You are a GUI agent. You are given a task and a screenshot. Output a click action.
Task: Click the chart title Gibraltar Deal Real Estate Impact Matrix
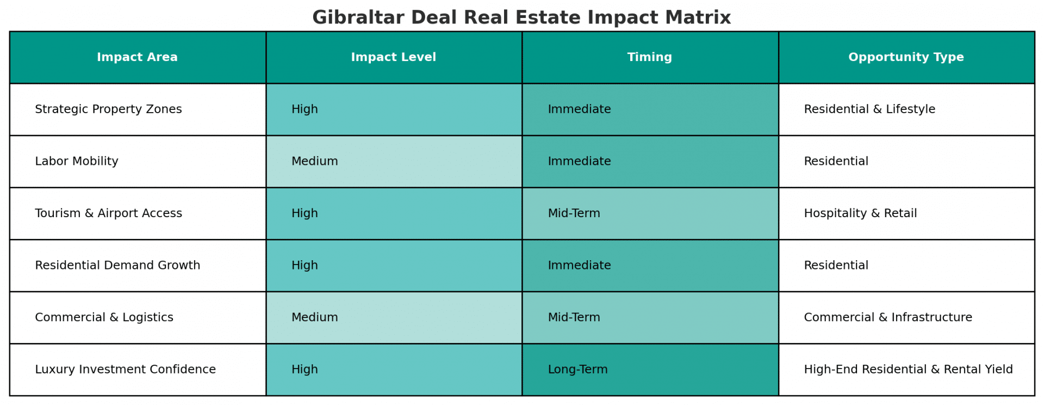pyautogui.click(x=521, y=17)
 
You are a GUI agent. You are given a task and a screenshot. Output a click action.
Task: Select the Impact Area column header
pyautogui.click(x=138, y=57)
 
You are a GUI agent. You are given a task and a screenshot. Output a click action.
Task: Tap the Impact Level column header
pyautogui.click(x=394, y=57)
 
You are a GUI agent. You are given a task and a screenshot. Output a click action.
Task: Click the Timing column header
pyautogui.click(x=650, y=57)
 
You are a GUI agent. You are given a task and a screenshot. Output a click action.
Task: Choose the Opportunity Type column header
pyautogui.click(x=906, y=57)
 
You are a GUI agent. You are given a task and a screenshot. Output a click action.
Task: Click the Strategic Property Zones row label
pyautogui.click(x=108, y=109)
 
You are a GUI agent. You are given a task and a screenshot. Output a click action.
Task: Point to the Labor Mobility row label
pyautogui.click(x=77, y=161)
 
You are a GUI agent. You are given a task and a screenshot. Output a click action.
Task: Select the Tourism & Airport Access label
pyautogui.click(x=108, y=213)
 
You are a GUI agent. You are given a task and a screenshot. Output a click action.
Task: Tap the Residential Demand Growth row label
pyautogui.click(x=117, y=265)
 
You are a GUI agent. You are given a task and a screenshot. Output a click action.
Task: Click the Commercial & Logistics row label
pyautogui.click(x=104, y=317)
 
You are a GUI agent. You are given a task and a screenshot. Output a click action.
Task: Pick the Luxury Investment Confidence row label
pyautogui.click(x=125, y=369)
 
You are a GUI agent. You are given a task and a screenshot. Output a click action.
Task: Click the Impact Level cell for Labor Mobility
pyautogui.click(x=394, y=162)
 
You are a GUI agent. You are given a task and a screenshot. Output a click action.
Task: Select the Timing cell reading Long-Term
pyautogui.click(x=650, y=370)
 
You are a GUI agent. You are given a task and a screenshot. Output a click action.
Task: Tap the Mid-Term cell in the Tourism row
pyautogui.click(x=650, y=213)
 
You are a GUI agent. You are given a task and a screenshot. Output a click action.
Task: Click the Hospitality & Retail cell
pyautogui.click(x=906, y=213)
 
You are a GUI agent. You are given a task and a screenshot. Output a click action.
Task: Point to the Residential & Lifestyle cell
pyautogui.click(x=906, y=109)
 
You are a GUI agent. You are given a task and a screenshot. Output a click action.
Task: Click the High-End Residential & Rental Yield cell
pyautogui.click(x=906, y=370)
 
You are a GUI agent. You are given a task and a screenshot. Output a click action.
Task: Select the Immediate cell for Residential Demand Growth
pyautogui.click(x=650, y=266)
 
